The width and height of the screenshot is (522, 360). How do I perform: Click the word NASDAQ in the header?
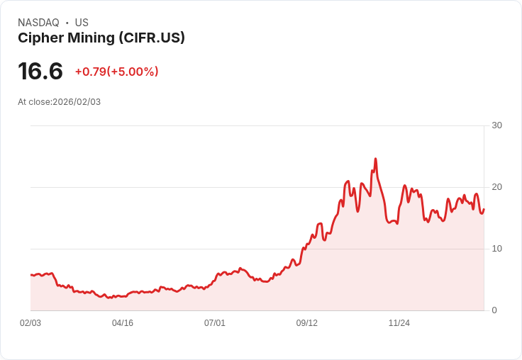[38, 23]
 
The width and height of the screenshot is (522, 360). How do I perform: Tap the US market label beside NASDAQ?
[82, 23]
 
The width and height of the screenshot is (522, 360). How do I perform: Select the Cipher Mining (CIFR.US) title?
[101, 38]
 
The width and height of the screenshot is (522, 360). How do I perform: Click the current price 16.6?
[40, 71]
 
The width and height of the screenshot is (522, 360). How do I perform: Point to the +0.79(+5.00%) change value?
[116, 72]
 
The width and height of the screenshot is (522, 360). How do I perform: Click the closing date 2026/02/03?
[77, 102]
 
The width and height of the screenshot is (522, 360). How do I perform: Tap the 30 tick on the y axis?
[496, 125]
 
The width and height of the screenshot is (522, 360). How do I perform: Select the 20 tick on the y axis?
[496, 187]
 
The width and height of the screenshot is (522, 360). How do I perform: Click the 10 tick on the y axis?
[496, 249]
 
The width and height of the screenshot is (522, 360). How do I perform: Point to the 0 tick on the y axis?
[494, 310]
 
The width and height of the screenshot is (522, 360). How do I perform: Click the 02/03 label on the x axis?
[30, 323]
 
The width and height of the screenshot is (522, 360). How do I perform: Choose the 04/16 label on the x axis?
[123, 323]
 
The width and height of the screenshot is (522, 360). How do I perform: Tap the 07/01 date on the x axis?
[215, 323]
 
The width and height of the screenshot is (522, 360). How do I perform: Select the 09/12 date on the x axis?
[307, 323]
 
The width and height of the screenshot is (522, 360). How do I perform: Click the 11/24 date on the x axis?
[399, 323]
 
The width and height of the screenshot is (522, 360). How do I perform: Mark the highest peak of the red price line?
[375, 159]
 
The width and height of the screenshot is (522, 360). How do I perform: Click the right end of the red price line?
[484, 208]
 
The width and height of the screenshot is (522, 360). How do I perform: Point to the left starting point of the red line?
[31, 274]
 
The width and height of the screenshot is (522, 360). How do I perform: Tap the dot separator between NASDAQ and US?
[67, 23]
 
